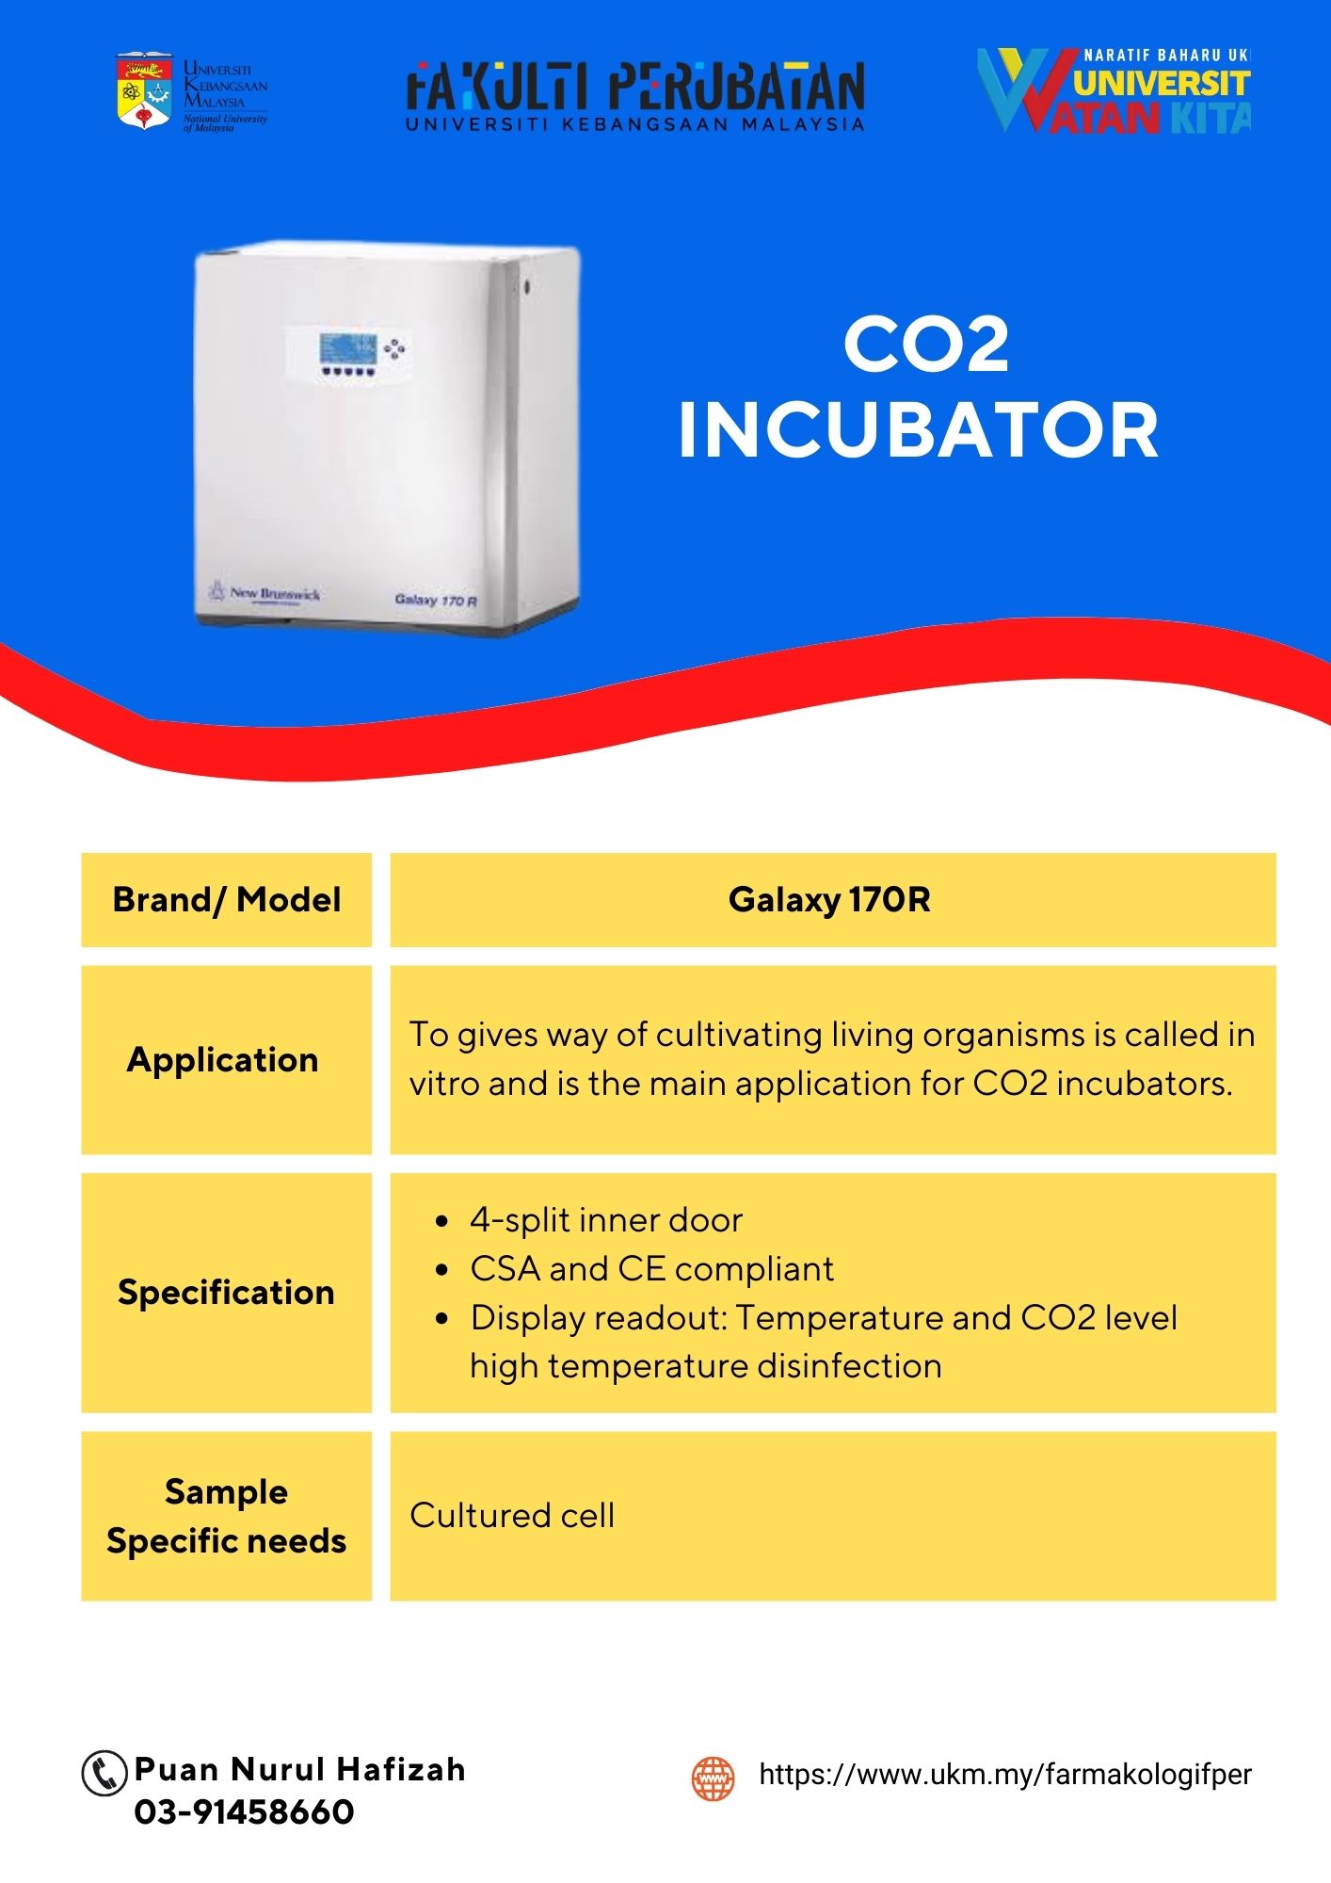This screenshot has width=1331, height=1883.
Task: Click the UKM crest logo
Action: (144, 90)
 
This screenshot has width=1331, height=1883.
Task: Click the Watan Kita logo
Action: (1114, 90)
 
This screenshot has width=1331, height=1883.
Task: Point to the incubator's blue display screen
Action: (347, 347)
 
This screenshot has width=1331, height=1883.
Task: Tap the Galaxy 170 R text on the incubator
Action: (436, 600)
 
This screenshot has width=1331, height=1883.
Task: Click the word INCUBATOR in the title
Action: (918, 430)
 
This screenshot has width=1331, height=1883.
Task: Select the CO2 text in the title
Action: (926, 345)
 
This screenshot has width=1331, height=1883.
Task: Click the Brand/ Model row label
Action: (227, 900)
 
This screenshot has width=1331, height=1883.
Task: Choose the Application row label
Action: (223, 1060)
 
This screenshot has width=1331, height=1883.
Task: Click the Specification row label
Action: (226, 1292)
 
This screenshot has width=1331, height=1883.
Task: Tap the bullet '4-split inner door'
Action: (606, 1220)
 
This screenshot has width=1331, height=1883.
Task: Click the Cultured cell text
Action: (512, 1515)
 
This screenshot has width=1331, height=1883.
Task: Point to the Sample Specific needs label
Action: (227, 1516)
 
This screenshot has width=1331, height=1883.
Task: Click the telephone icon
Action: (104, 1773)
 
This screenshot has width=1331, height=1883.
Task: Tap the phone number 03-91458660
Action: (245, 1811)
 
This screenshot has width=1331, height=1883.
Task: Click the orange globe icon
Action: (713, 1778)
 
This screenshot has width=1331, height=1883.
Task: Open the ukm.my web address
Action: (1005, 1775)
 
